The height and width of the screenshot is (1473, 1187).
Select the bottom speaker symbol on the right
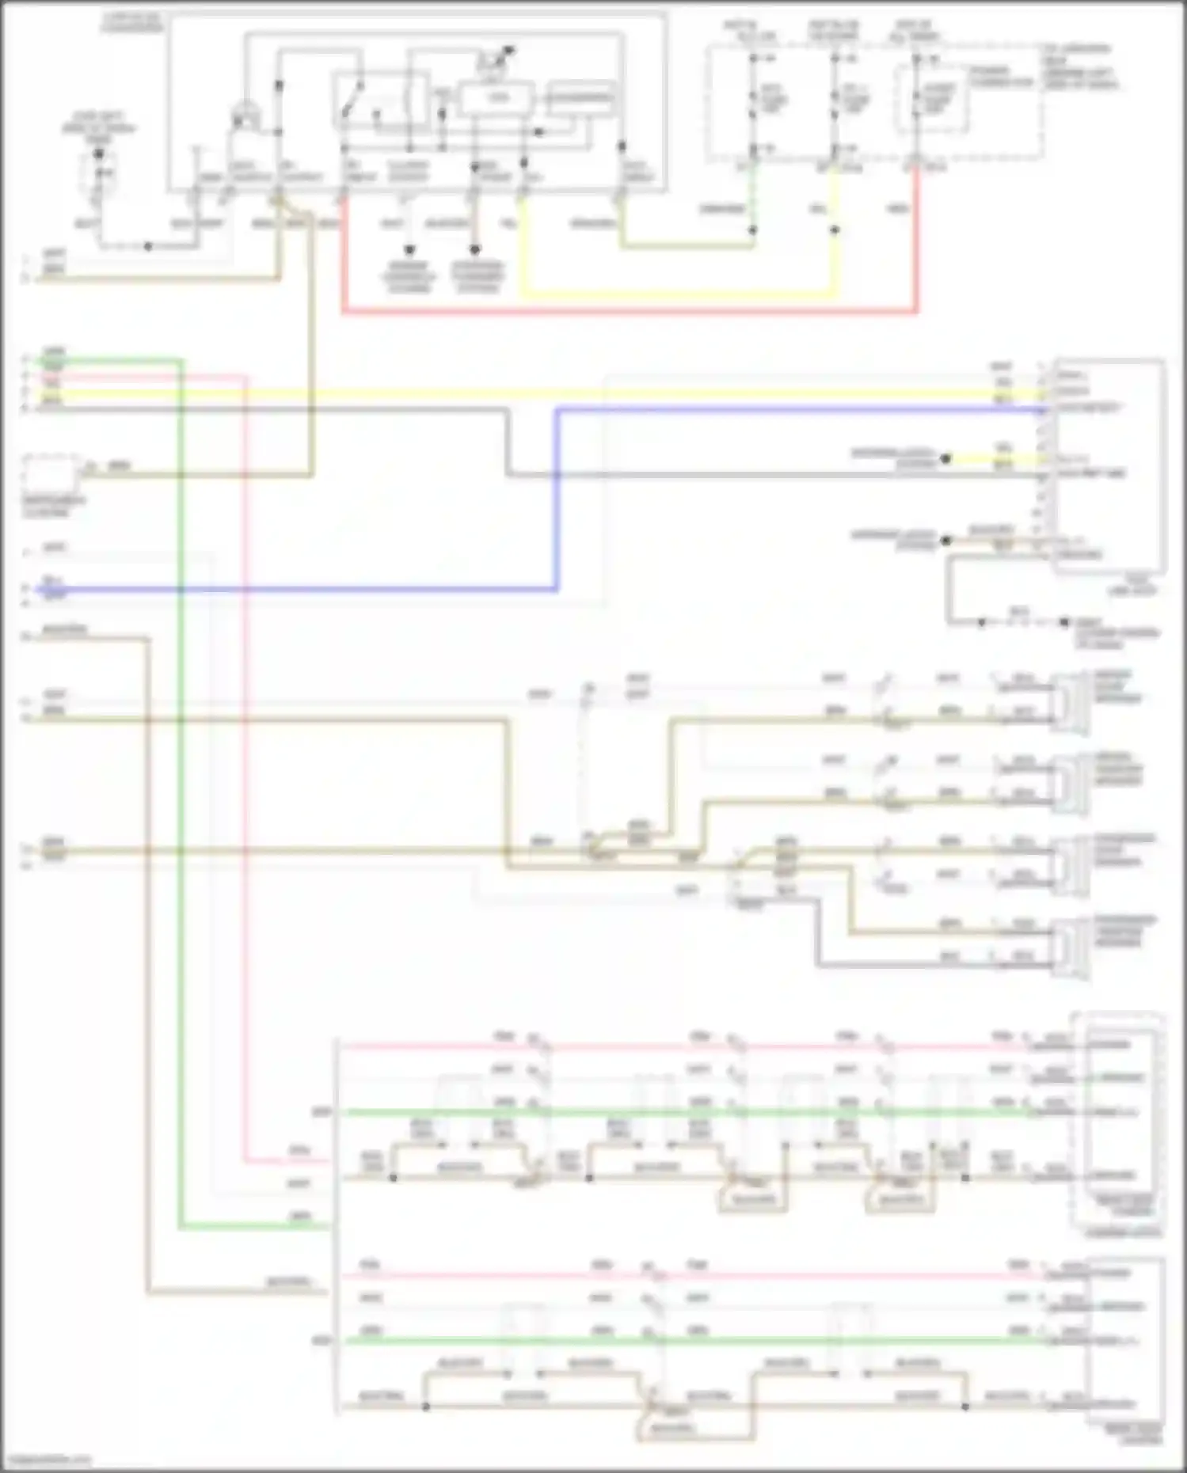point(1071,947)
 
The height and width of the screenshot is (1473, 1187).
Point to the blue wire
point(557,499)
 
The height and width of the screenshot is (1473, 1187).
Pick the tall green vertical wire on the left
point(181,792)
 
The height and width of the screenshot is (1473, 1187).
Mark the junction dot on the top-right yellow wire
point(835,230)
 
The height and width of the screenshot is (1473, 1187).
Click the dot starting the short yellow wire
point(945,458)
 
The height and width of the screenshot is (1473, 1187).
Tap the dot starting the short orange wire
point(945,541)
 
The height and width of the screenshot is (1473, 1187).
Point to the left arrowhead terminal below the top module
point(409,249)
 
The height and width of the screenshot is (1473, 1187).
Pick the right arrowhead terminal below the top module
point(475,249)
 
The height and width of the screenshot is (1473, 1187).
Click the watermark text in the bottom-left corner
point(46,1460)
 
